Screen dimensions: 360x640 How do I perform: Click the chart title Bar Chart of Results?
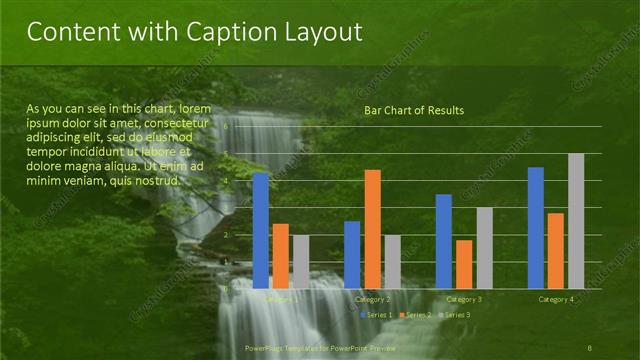[414, 110]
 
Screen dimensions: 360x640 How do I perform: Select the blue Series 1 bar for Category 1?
[261, 230]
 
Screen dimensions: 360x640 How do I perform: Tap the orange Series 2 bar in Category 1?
[281, 256]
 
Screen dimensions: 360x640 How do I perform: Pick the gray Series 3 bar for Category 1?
[300, 261]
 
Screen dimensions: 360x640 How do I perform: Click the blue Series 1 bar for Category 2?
[352, 254]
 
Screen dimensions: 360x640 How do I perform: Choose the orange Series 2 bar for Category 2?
[372, 229]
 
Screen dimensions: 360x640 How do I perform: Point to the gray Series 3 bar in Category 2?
[392, 261]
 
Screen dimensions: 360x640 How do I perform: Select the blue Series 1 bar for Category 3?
[444, 241]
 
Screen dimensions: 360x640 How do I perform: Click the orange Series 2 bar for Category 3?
[464, 264]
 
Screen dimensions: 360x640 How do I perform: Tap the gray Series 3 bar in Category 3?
[484, 248]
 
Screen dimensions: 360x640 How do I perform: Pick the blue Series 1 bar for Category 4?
[536, 227]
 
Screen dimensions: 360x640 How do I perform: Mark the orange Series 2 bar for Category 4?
[556, 250]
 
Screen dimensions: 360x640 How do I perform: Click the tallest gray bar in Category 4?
[576, 221]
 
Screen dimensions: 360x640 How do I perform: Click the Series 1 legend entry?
[376, 315]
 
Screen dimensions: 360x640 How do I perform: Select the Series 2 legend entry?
[415, 315]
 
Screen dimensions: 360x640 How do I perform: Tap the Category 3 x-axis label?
[464, 300]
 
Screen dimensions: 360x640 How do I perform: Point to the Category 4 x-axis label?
[556, 300]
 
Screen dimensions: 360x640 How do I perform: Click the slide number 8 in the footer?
[590, 348]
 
